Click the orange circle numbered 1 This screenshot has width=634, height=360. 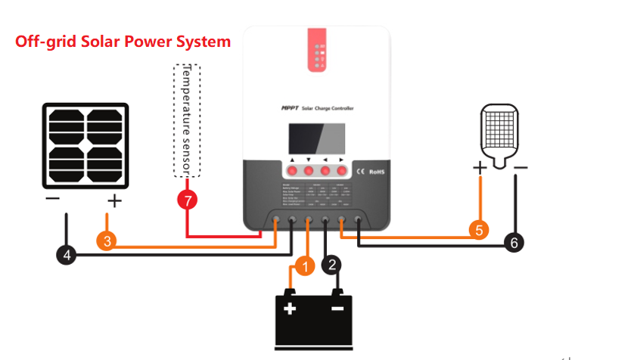click(x=304, y=265)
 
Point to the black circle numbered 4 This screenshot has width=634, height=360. click(x=67, y=255)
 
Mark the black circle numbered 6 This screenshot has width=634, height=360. click(x=514, y=243)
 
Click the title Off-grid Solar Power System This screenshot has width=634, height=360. click(x=123, y=42)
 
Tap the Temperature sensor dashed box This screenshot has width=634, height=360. click(x=187, y=120)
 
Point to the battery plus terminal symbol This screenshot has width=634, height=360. click(x=290, y=309)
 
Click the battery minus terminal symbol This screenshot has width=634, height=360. click(x=337, y=309)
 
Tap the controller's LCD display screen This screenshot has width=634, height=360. click(x=316, y=139)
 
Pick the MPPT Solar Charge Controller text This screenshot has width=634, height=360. click(x=316, y=109)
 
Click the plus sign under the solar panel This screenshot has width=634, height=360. click(x=114, y=201)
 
